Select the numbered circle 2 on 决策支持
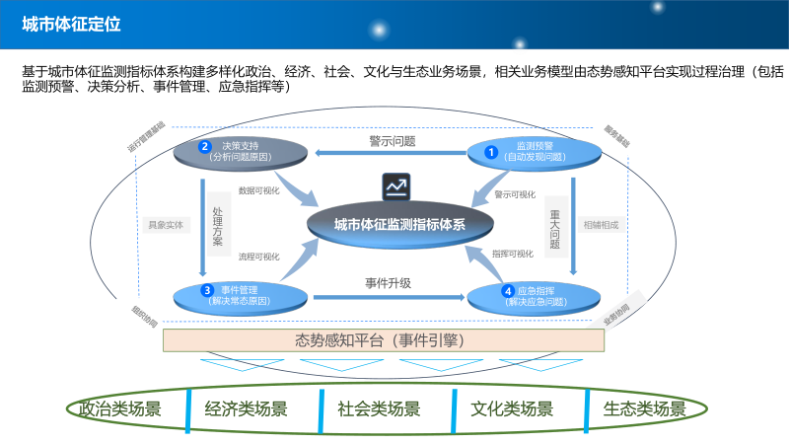pyautogui.click(x=205, y=147)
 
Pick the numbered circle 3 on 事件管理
pyautogui.click(x=207, y=290)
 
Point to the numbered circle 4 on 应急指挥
pyautogui.click(x=508, y=291)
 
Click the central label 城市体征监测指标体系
pyautogui.click(x=398, y=224)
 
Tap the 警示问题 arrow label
pyautogui.click(x=393, y=141)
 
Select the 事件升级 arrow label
pyautogui.click(x=388, y=282)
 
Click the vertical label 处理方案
pyautogui.click(x=218, y=225)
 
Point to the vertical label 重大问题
pyautogui.click(x=555, y=226)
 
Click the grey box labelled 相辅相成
pyautogui.click(x=601, y=225)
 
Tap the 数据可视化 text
pyautogui.click(x=259, y=190)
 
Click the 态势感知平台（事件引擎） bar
pyautogui.click(x=382, y=340)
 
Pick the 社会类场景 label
pyautogui.click(x=379, y=408)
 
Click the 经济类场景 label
pyautogui.click(x=247, y=408)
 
